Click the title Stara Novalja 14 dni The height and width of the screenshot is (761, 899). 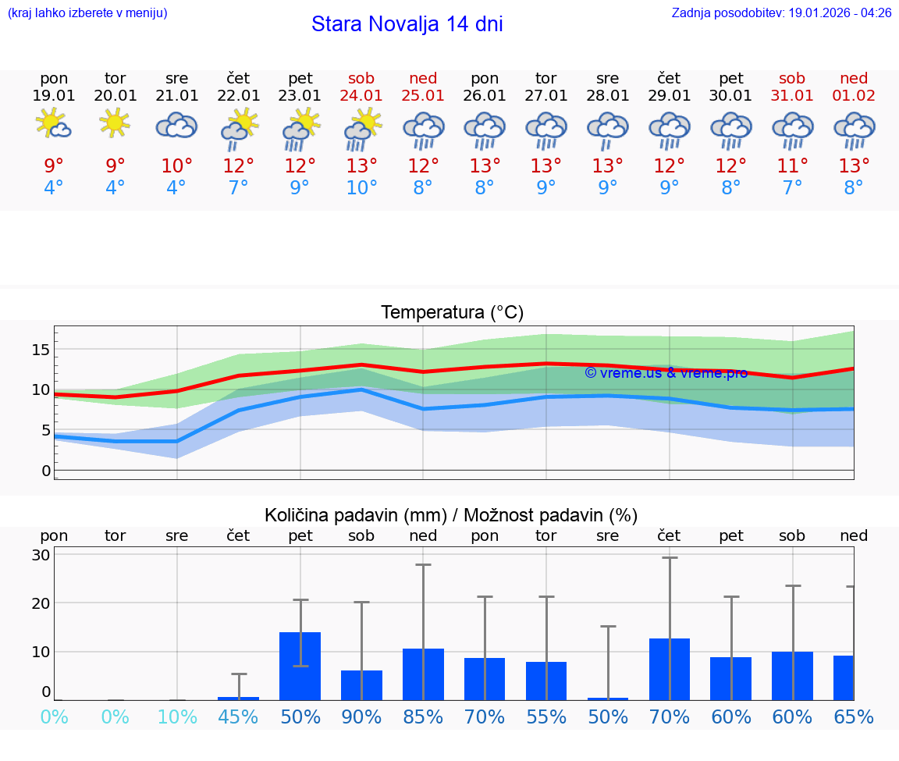[407, 24]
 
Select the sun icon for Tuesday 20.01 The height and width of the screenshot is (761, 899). [115, 123]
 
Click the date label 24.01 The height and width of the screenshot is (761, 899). [361, 96]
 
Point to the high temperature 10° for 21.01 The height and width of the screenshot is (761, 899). [177, 166]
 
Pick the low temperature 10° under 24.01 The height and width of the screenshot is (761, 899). [361, 188]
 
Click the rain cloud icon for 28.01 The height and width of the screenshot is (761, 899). [608, 129]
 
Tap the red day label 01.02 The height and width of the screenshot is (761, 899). [854, 96]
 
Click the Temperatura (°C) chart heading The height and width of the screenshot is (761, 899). [452, 313]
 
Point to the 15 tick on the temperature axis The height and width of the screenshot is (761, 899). [41, 350]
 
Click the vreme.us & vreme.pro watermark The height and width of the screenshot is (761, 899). [666, 373]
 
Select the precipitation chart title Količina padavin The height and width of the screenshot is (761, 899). [451, 515]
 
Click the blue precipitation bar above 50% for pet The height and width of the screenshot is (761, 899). [300, 666]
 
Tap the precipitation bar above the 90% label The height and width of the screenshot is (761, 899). [361, 685]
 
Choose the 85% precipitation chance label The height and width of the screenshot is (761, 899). [423, 717]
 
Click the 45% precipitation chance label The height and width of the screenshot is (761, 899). [238, 717]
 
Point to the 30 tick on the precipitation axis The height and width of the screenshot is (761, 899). [41, 555]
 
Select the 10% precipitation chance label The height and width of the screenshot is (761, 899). [177, 717]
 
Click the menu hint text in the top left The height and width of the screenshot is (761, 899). [87, 13]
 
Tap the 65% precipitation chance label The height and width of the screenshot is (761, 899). [854, 717]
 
